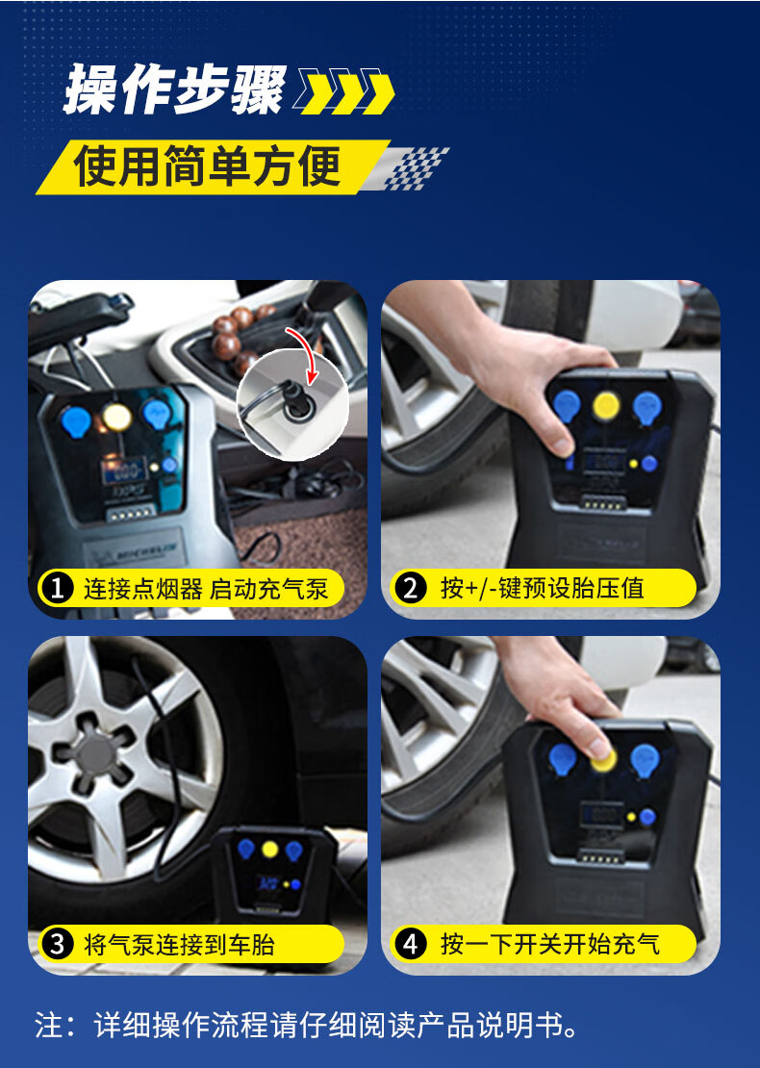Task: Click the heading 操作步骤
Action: click(174, 89)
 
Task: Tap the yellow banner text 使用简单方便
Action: click(208, 166)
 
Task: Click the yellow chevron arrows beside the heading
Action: click(344, 90)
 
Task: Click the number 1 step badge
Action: click(57, 588)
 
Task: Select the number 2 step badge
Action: click(410, 588)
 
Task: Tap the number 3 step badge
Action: click(57, 944)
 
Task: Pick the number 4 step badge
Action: click(410, 944)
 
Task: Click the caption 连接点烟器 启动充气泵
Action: click(206, 589)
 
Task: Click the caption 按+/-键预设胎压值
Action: click(542, 588)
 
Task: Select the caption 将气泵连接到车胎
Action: click(179, 945)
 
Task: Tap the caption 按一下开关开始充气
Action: click(550, 944)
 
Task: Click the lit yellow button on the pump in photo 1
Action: click(116, 417)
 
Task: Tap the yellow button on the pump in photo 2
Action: click(605, 406)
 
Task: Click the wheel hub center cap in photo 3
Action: click(94, 754)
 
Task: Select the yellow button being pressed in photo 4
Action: click(604, 759)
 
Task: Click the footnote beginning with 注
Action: click(307, 1025)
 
